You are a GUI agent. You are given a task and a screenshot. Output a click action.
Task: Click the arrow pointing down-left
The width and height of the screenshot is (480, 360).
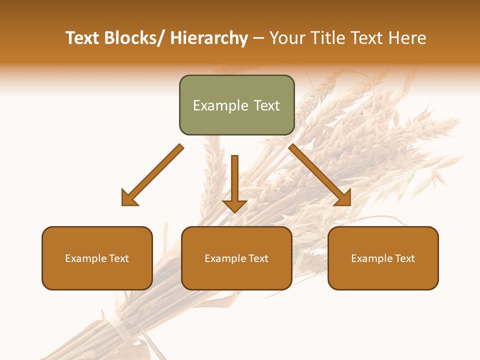152,175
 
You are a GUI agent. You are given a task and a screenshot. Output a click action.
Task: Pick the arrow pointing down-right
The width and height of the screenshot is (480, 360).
320,175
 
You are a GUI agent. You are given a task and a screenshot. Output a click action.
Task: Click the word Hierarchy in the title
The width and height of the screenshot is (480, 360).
209,38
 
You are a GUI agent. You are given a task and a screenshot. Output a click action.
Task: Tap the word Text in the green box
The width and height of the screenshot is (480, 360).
266,105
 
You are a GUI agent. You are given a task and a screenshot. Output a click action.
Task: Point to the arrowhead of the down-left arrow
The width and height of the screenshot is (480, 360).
129,198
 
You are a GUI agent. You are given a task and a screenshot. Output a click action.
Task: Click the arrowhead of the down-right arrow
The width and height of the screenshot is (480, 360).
343,198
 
